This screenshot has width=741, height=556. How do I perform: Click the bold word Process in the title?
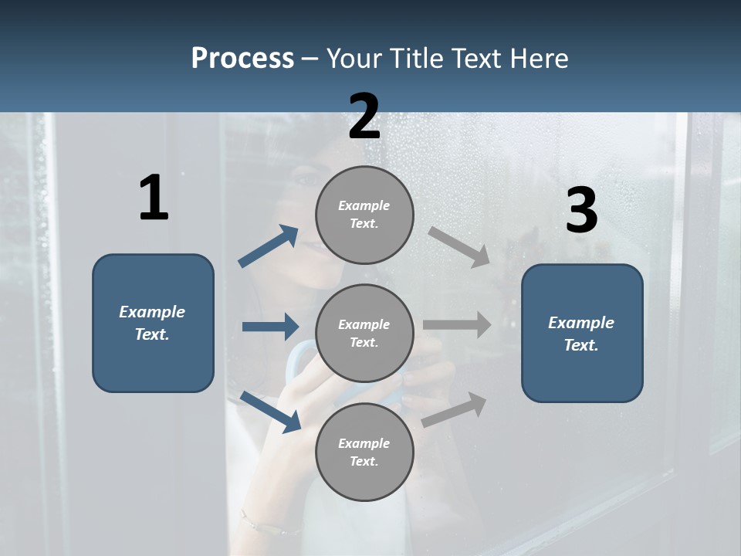(242, 59)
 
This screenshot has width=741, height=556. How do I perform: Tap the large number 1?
(154, 198)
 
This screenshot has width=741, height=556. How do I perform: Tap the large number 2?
(364, 117)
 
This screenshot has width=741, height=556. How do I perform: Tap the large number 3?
(581, 211)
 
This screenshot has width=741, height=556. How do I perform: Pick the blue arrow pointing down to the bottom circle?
(270, 411)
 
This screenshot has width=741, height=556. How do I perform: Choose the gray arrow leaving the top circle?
(459, 247)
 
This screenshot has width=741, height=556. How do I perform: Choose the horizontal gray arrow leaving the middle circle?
(457, 324)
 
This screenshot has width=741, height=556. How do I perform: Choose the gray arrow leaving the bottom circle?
(454, 409)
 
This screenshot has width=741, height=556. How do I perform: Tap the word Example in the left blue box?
(152, 312)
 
